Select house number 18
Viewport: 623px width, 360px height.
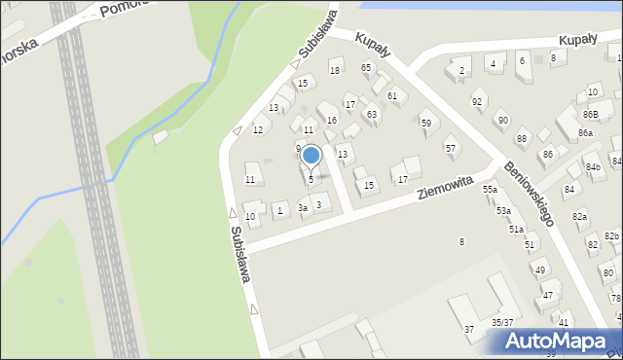335,70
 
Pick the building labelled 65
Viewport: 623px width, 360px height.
366,67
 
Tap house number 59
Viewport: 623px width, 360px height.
425,123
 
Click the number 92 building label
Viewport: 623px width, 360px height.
477,101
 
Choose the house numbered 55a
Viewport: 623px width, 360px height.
491,190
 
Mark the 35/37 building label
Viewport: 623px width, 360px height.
502,321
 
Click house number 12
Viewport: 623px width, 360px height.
258,129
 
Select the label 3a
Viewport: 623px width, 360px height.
303,208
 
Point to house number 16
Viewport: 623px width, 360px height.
332,120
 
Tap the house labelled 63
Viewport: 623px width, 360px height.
371,115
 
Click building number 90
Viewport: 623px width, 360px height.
502,120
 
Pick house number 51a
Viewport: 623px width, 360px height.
516,229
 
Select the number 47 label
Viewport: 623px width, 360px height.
548,295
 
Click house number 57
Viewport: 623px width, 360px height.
450,148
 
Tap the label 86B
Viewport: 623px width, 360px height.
590,115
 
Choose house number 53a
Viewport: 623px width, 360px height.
503,210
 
